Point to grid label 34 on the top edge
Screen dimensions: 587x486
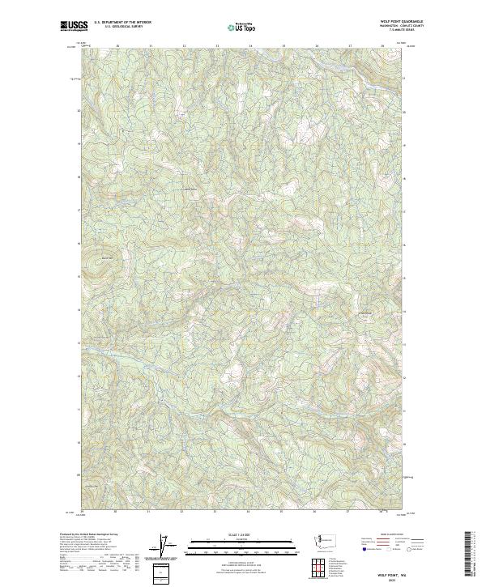[249, 46]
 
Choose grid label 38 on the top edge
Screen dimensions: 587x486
[382, 46]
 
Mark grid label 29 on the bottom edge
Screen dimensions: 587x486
[83, 512]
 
